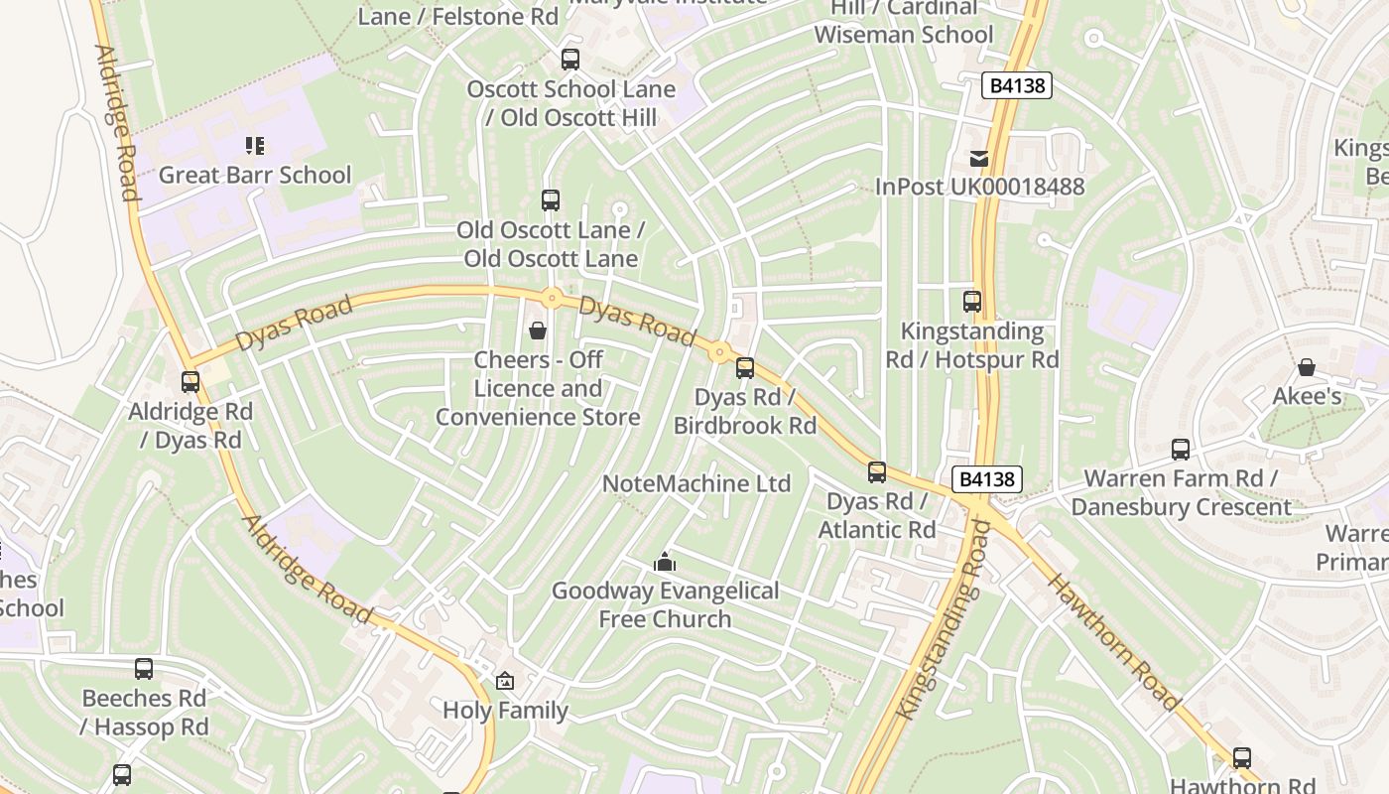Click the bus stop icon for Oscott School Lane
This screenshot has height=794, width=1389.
coord(569,59)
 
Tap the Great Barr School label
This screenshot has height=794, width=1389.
coord(255,176)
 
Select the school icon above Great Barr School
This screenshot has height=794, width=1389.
coord(255,146)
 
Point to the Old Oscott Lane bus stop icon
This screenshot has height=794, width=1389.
coord(551,200)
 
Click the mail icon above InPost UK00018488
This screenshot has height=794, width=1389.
coord(979,158)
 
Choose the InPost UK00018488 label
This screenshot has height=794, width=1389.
coord(979,187)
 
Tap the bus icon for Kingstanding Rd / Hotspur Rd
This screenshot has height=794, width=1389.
coord(972,302)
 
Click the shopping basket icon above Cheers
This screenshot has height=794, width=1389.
coord(538,330)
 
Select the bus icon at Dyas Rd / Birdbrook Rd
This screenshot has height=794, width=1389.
coord(745,368)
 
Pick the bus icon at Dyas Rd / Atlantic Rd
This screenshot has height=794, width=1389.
coord(877,471)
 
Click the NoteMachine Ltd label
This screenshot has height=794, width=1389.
coord(696,483)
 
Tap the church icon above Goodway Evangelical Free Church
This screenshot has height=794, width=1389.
coord(665,563)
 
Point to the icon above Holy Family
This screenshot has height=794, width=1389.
coord(505,681)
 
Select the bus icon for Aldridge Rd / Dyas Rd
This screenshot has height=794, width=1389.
coord(190,381)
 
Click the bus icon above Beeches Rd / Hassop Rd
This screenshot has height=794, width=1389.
coord(144,669)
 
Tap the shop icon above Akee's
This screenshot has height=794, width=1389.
coord(1307,367)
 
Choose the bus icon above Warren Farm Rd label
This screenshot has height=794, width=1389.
coord(1181,449)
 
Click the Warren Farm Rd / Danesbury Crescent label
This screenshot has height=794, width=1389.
coord(1181,493)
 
